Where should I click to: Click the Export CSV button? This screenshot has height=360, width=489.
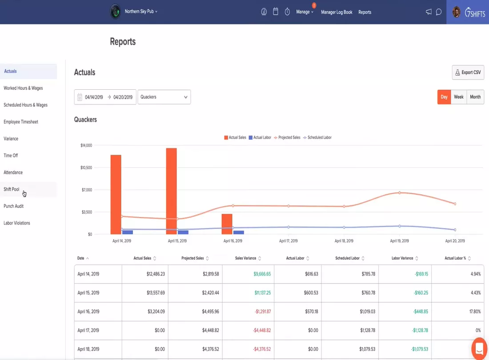(468, 72)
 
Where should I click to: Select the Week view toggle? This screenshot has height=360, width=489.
(458, 97)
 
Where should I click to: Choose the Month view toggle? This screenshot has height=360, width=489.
(475, 97)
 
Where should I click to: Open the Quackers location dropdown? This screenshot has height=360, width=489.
(164, 97)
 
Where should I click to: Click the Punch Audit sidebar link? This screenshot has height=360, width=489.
(13, 206)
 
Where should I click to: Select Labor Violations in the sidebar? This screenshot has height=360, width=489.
(17, 223)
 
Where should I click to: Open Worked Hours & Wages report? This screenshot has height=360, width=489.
(23, 88)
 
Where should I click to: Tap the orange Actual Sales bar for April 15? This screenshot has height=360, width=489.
(171, 191)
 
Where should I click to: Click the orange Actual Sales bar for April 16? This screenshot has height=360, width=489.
(227, 224)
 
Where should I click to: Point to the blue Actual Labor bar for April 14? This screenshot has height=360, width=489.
(128, 232)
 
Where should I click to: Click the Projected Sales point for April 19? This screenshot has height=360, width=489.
(400, 192)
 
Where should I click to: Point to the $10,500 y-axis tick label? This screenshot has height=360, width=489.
(86, 168)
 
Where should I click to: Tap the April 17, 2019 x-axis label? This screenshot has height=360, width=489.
(288, 241)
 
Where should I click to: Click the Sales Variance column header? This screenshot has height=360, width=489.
(245, 258)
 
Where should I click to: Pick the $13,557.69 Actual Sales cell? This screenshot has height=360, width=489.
(156, 293)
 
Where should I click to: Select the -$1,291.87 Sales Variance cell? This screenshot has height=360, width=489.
(263, 312)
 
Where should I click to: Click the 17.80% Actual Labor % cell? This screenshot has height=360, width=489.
(475, 312)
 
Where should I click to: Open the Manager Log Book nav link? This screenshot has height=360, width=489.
(337, 12)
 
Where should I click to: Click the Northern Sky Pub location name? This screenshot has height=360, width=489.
(139, 12)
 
